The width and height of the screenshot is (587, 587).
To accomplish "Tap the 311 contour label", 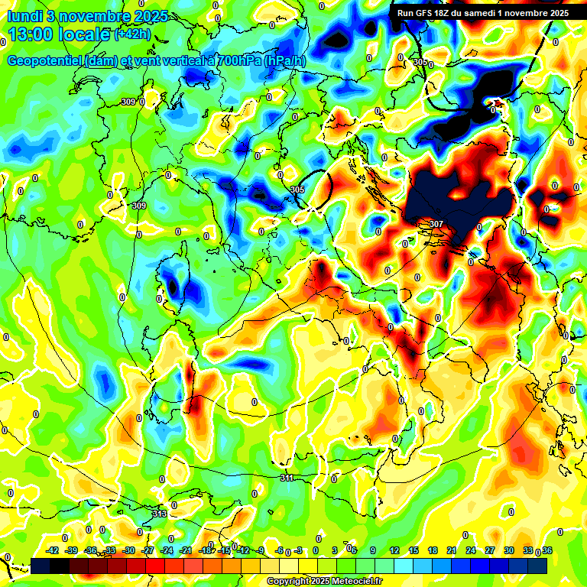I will tap(287, 478).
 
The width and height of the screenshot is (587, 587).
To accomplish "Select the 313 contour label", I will tap(159, 514).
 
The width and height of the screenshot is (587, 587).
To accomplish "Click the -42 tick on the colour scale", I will tap(54, 550).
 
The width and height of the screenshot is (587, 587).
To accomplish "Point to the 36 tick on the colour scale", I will tap(546, 550).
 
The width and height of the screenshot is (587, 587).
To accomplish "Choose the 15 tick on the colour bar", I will tap(413, 550).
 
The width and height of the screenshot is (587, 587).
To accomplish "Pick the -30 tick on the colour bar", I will tap(129, 550).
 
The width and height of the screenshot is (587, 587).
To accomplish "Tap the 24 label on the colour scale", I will tap(470, 550).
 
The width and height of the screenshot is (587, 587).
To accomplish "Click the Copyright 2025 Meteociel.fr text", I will tap(324, 581).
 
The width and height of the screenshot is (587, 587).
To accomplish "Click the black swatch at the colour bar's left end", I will tap(40, 566).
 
